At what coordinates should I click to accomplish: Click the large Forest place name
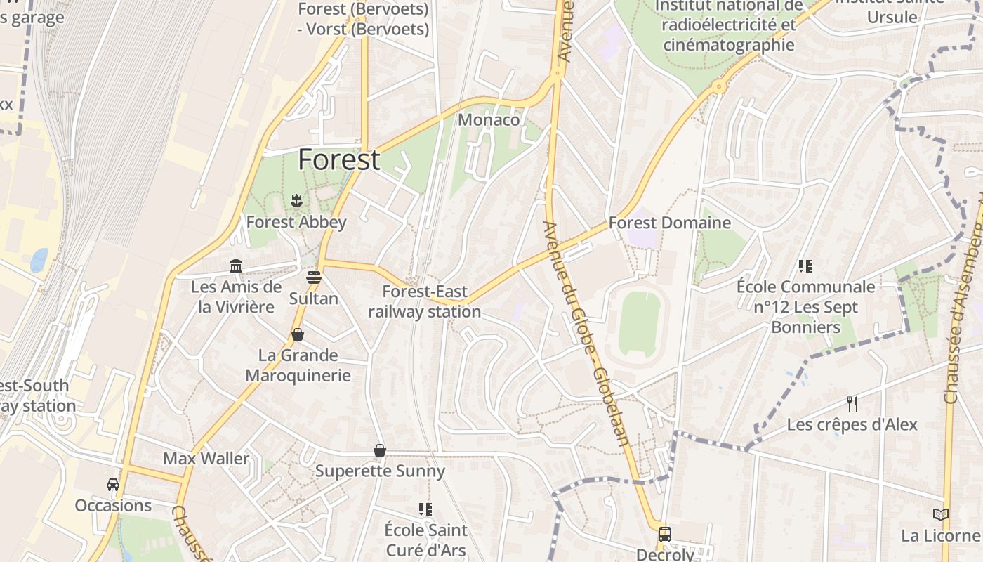[339, 160]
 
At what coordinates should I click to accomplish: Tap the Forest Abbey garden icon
[296, 201]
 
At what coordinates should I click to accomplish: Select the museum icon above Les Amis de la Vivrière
[236, 266]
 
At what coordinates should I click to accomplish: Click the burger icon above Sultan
[314, 277]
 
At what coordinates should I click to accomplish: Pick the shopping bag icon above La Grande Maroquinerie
[298, 334]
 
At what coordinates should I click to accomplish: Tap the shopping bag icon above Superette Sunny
[380, 450]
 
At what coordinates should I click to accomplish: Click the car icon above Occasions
[113, 484]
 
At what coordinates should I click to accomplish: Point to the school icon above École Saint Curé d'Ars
[425, 509]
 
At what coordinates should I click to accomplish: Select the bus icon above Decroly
[664, 535]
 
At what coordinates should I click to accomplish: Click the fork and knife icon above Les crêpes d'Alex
[852, 403]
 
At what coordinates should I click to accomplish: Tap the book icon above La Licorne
[941, 514]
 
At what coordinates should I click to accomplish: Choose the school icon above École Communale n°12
[805, 266]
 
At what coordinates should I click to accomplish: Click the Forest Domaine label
[669, 223]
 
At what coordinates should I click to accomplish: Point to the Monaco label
[489, 119]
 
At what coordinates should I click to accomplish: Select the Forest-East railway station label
[425, 301]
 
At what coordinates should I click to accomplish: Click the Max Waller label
[206, 459]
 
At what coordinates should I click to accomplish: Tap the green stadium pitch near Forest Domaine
[639, 322]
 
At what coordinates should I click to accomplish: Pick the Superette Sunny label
[380, 471]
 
